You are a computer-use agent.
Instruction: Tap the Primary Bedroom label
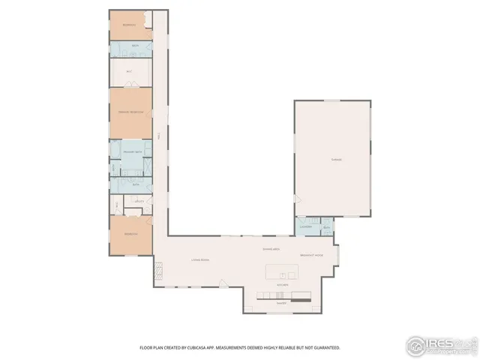[x=130, y=112]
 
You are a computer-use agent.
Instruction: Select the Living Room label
[x=199, y=259]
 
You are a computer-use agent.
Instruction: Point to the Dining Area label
[x=271, y=248]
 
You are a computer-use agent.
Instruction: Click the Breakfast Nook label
[x=311, y=256]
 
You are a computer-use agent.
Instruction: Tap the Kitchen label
[x=283, y=285]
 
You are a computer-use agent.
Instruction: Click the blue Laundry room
[x=305, y=226]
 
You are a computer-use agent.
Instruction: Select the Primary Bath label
[x=133, y=152]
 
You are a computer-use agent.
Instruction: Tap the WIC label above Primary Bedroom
[x=130, y=72]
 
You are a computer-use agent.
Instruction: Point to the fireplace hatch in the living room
[x=159, y=268]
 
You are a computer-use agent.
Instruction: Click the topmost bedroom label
[x=130, y=25]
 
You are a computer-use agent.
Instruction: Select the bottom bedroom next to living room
[x=130, y=234]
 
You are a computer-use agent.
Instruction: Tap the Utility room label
[x=139, y=201]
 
